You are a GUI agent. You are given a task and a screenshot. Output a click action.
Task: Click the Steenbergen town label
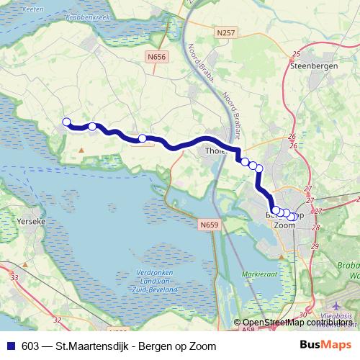coord(309,66)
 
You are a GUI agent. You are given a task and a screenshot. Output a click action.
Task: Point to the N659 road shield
coord(208,225)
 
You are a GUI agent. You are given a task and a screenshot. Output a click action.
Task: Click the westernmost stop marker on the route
coord(66,122)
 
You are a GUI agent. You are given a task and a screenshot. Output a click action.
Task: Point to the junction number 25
coord(296,55)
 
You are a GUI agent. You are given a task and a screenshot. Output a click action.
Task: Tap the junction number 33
coord(15,276)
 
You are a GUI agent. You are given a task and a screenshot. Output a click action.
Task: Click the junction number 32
coord(58,318)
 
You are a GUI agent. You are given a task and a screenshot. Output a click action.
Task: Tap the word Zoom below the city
coord(285,225)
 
